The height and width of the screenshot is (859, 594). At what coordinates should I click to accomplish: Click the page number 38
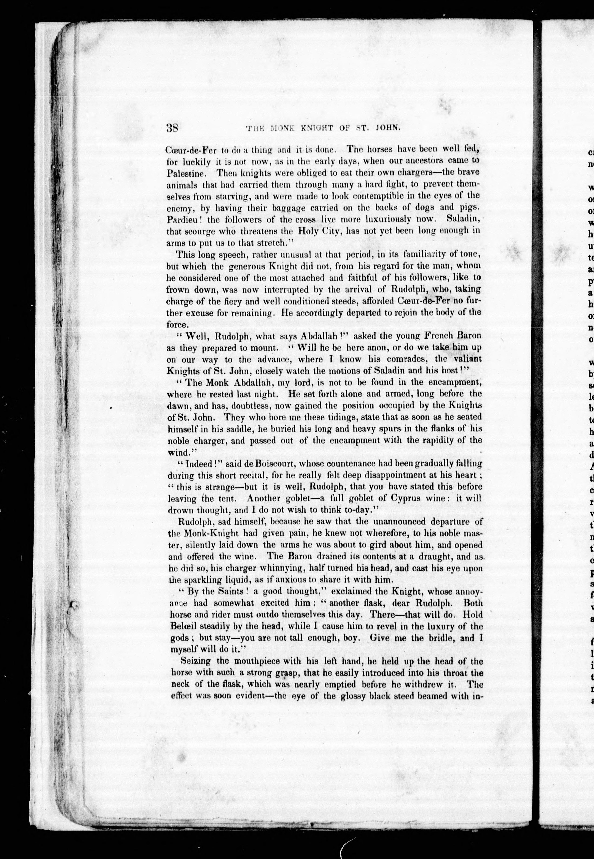click(x=173, y=128)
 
